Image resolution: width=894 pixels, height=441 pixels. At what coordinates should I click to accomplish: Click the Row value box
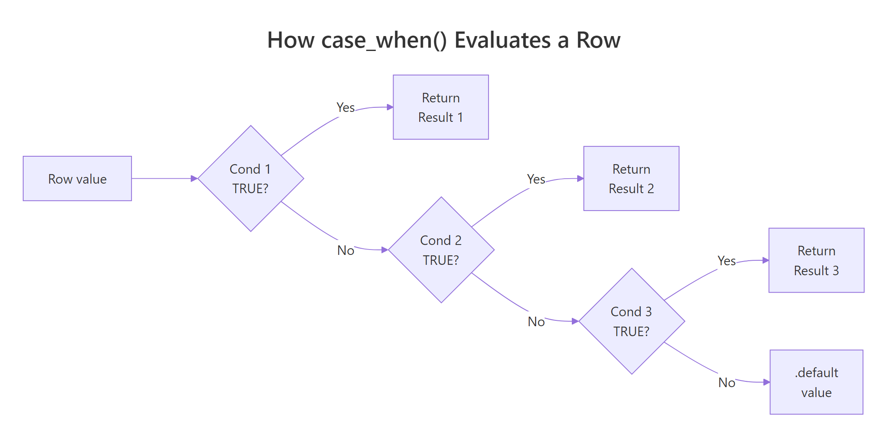77,179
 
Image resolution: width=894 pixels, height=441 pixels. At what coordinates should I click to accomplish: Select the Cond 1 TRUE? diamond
250,179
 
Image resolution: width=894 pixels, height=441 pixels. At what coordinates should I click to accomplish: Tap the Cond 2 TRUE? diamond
441,250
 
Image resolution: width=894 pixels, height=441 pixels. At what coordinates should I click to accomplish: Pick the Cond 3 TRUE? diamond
631,321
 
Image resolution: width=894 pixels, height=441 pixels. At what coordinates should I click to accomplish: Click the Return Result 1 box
440,107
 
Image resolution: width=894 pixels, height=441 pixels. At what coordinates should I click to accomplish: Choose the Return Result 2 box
631,179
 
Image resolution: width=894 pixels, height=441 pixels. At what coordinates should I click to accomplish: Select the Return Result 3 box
816,260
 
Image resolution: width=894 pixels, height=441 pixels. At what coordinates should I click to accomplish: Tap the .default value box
816,382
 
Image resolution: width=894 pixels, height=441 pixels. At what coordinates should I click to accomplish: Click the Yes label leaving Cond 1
345,108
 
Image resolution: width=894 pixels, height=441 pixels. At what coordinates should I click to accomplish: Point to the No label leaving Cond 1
345,250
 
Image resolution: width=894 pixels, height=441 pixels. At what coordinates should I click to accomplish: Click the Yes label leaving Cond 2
536,179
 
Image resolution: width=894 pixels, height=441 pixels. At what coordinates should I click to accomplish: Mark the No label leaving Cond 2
536,322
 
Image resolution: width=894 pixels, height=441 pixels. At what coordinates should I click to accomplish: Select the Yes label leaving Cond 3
726,261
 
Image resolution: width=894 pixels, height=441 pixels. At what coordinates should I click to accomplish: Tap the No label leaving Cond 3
726,383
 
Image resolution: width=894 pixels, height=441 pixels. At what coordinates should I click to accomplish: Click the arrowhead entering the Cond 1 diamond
194,179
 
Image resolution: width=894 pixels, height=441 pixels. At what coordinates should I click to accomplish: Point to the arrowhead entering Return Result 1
390,107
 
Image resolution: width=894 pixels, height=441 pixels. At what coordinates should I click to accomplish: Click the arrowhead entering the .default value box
766,382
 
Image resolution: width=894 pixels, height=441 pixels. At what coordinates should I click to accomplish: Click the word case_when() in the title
384,41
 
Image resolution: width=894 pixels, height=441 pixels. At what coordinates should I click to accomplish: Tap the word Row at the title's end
598,41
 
